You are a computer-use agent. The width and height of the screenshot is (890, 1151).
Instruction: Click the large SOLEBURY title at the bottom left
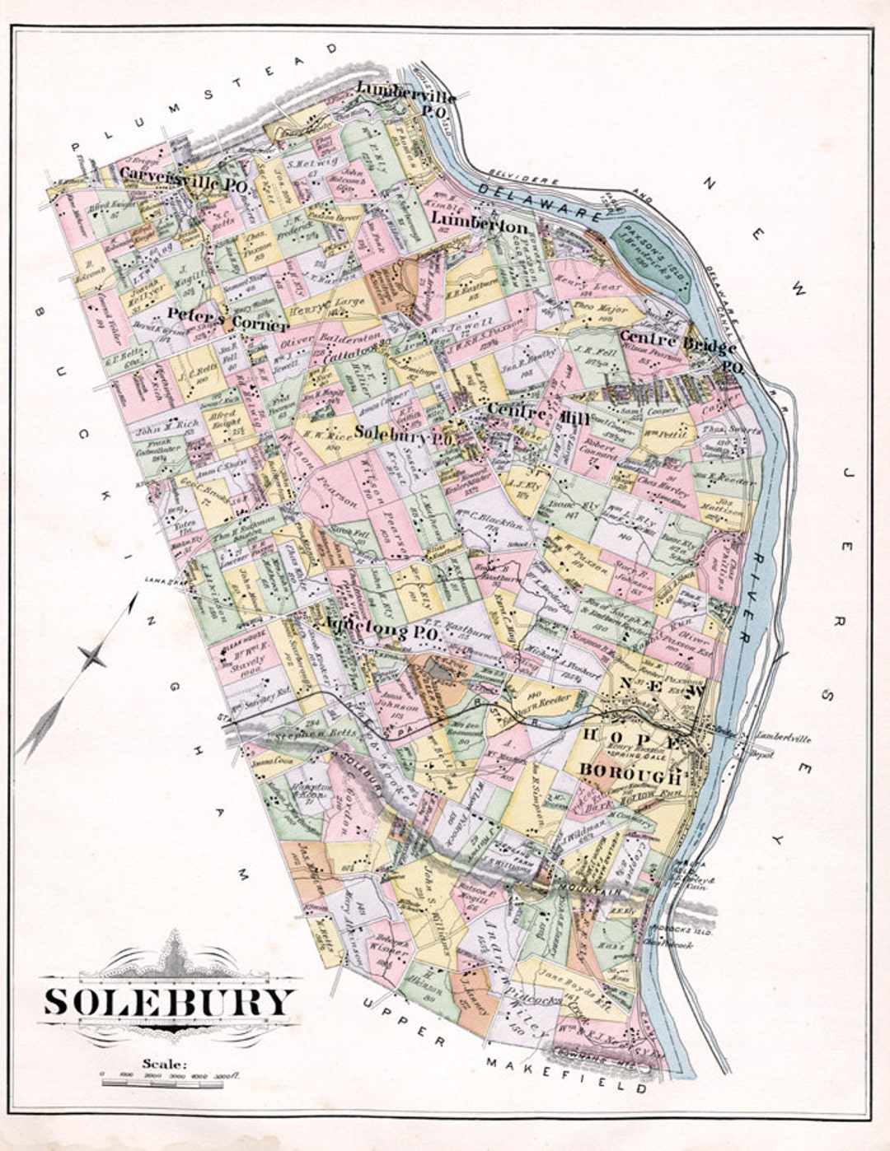click(169, 1002)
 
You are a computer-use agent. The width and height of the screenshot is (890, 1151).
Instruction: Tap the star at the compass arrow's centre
click(92, 656)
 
